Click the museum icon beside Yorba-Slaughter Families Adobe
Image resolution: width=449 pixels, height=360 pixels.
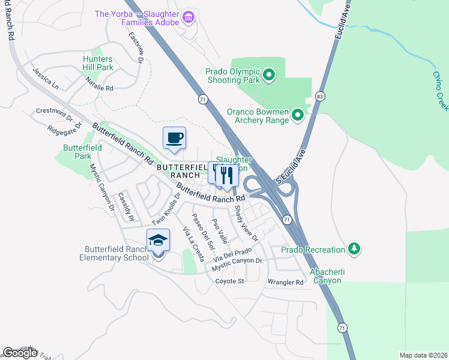click(x=188, y=16)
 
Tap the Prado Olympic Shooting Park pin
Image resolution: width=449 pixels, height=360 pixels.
click(x=269, y=75)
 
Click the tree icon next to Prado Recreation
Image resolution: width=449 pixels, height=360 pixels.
click(x=354, y=248)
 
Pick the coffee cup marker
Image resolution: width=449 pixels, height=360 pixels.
click(x=175, y=139)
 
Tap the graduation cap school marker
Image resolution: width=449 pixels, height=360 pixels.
click(x=158, y=241)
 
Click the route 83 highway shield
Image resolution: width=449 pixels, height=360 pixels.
click(x=319, y=97)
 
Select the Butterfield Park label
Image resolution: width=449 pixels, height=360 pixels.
click(x=78, y=151)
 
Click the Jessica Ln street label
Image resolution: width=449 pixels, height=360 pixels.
click(x=46, y=79)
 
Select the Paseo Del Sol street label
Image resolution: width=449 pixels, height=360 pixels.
click(x=203, y=231)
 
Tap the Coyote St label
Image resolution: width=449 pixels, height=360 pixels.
click(x=230, y=281)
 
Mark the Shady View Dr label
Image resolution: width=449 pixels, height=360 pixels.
click(x=246, y=224)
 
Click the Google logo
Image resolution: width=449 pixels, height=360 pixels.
click(x=20, y=353)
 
